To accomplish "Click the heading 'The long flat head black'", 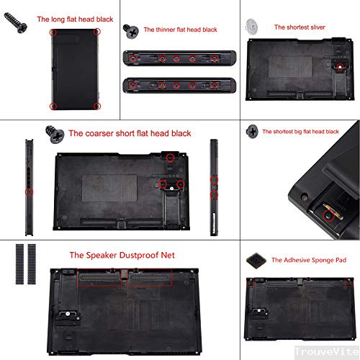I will [x=76, y=19].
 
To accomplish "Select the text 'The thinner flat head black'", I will [x=180, y=30].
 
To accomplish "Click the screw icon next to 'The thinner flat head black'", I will [x=132, y=30].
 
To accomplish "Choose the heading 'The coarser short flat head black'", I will [x=130, y=133].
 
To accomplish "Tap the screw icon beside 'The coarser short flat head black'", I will [x=53, y=133].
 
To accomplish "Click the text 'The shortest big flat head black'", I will [x=300, y=132].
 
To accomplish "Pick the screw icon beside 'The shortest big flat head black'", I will [x=252, y=131].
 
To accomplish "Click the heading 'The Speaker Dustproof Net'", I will [x=122, y=255].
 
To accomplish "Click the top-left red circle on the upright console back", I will [x=53, y=32].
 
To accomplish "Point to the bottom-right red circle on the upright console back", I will [x=97, y=106].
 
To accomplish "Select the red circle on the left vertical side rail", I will [x=28, y=192].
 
